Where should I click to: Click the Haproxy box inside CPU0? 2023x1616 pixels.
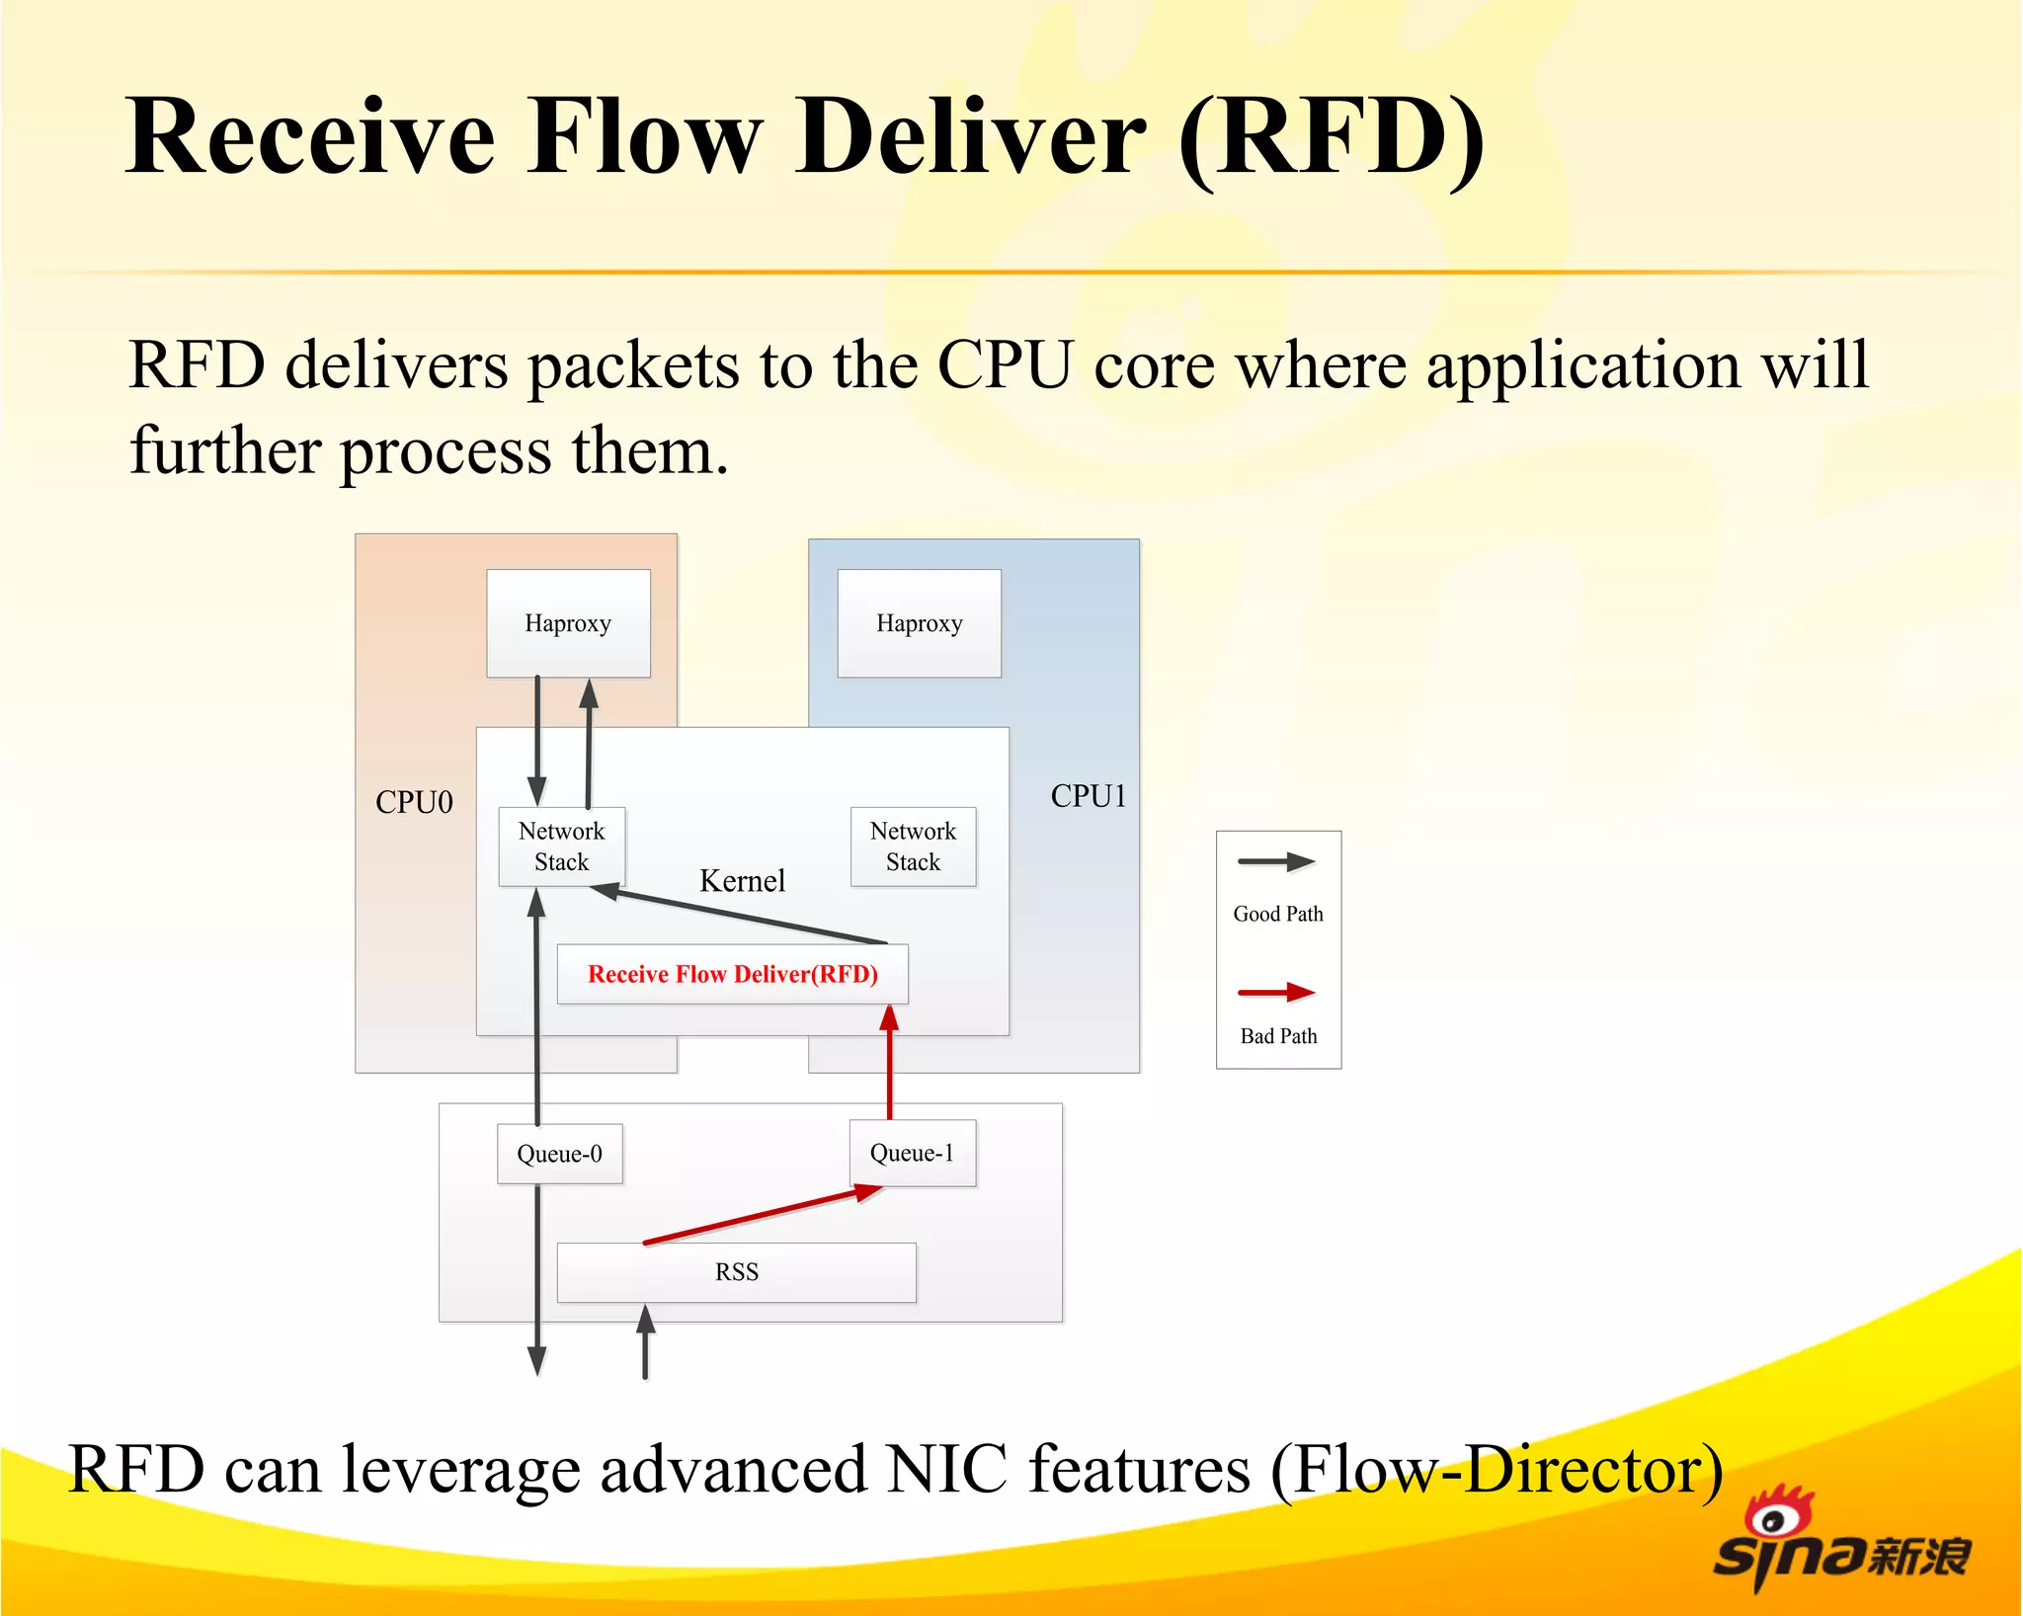point(568,623)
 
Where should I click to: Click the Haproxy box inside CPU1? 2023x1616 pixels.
point(919,623)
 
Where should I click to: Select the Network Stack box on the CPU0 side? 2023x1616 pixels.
point(561,847)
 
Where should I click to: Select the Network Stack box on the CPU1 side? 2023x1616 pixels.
point(913,847)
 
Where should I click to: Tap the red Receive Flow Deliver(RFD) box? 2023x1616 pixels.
point(732,974)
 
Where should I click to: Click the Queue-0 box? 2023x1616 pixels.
point(559,1154)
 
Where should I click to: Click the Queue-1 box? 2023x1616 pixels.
point(912,1153)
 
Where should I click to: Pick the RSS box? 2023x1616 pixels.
point(736,1272)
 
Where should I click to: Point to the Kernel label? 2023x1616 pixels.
point(742,880)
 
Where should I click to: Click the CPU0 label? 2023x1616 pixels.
point(414,802)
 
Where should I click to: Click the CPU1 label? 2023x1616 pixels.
point(1088,796)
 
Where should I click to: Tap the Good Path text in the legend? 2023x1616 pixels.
point(1277,914)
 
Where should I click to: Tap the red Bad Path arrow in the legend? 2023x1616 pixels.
point(1275,992)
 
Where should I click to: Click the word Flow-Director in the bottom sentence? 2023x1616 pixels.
point(1497,1469)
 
